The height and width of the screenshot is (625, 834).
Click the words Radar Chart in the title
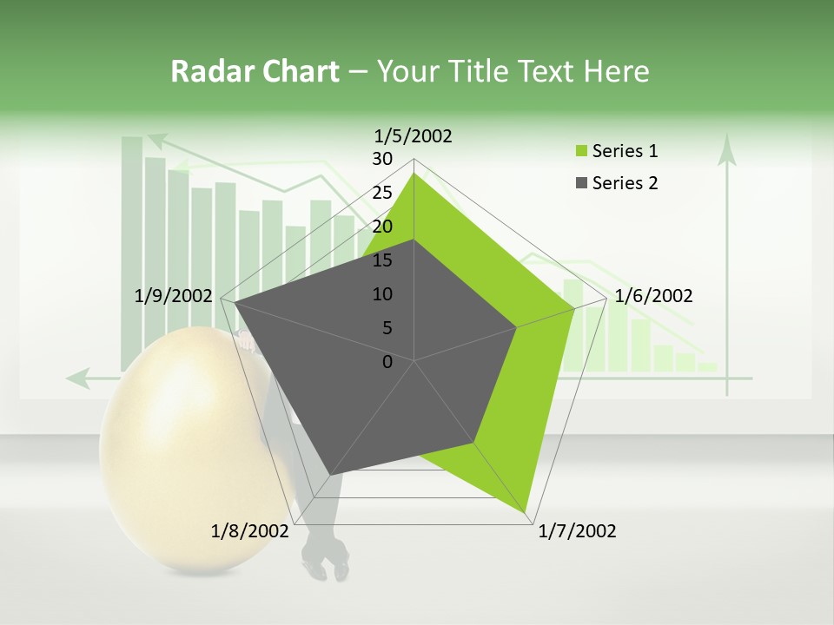coord(255,71)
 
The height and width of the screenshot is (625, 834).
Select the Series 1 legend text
coord(625,151)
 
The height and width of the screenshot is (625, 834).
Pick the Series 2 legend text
coord(625,183)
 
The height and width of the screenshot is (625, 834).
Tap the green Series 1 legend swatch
coord(580,152)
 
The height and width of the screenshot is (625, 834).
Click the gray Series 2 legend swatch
coord(580,183)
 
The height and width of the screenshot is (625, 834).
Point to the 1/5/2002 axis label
coord(413,135)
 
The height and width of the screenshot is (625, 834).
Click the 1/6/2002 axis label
coord(653,296)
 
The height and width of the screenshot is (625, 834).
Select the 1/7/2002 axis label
coord(577,531)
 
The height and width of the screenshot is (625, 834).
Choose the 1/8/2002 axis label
coord(249,531)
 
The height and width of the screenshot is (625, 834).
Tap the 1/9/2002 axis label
coord(173,296)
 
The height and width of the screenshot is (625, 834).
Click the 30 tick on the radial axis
coord(382,159)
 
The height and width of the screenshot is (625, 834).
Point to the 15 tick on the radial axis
coord(382,260)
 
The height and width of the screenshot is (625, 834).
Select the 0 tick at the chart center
coord(387,362)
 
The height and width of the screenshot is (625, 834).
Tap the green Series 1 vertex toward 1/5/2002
coord(414,173)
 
